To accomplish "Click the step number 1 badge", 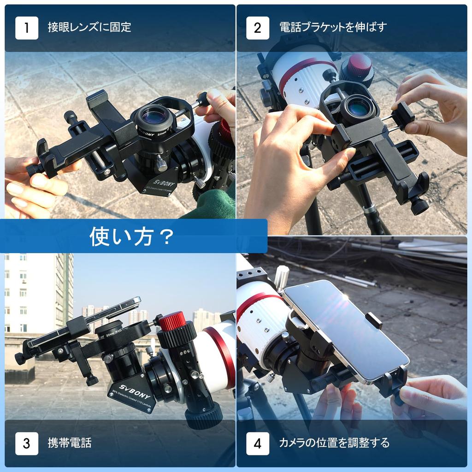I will (27, 28).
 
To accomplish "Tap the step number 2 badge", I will (258, 28).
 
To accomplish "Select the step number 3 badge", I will (27, 443).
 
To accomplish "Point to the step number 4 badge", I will (258, 443).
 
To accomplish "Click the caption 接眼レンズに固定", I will (89, 27).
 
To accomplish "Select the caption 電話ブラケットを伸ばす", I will (333, 27).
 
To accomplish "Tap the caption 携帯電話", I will (70, 443).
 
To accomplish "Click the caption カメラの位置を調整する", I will (334, 443).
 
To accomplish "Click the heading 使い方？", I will (132, 236).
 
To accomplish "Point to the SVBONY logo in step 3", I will (127, 386).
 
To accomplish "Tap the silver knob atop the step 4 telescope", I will (281, 277).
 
